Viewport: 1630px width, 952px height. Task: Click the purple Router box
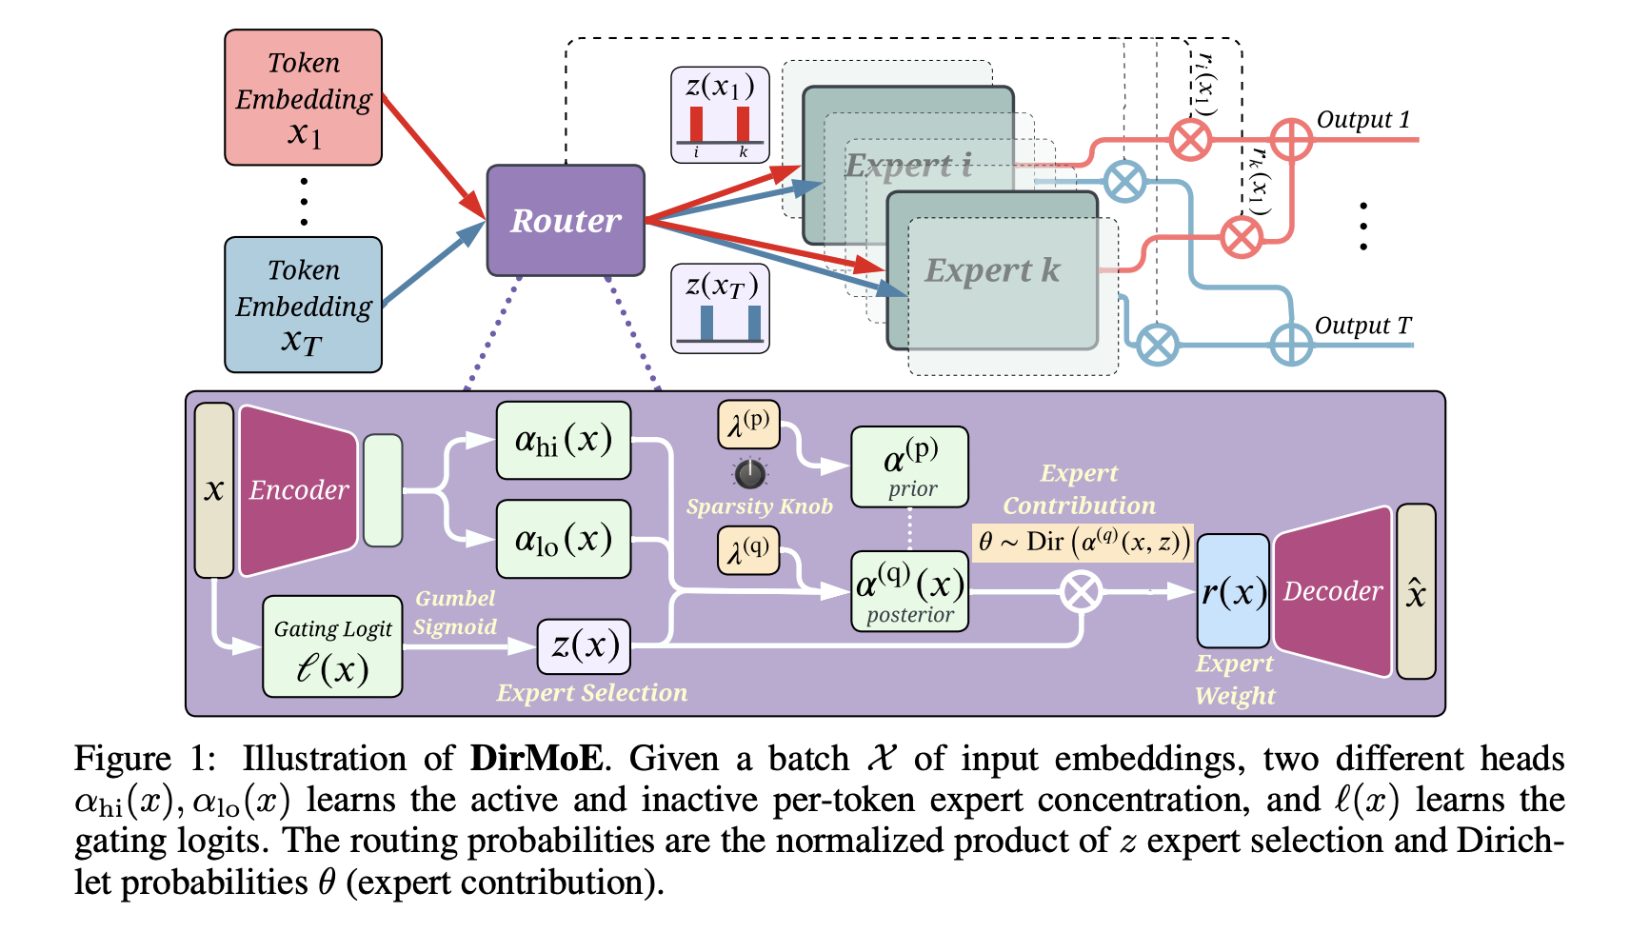[x=566, y=221]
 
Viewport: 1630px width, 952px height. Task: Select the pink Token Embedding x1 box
[x=303, y=98]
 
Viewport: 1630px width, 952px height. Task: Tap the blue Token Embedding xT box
[x=303, y=305]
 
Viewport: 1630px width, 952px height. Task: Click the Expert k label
[x=992, y=270]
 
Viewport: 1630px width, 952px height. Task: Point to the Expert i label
[x=907, y=166]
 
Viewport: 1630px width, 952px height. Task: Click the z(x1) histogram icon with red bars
[x=720, y=114]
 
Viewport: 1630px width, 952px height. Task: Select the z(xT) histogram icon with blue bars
[x=720, y=309]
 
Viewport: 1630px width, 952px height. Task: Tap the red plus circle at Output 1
[x=1291, y=140]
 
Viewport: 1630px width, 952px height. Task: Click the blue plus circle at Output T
[x=1291, y=345]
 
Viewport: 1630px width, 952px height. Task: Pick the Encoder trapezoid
[x=298, y=490]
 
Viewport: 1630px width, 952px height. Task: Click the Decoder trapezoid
[x=1332, y=591]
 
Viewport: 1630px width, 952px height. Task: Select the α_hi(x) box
[x=563, y=441]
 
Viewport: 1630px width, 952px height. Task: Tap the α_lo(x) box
[x=563, y=539]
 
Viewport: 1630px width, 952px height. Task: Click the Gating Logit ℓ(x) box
[x=332, y=647]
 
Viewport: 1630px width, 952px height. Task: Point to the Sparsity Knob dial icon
[x=750, y=472]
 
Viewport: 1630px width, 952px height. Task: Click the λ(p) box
[x=748, y=425]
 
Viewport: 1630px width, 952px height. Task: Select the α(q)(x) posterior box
[x=909, y=591]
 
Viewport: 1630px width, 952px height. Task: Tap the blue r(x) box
[x=1233, y=591]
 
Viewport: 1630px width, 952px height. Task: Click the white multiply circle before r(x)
[x=1082, y=592]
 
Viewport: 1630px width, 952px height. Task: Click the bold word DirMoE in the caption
[x=536, y=759]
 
